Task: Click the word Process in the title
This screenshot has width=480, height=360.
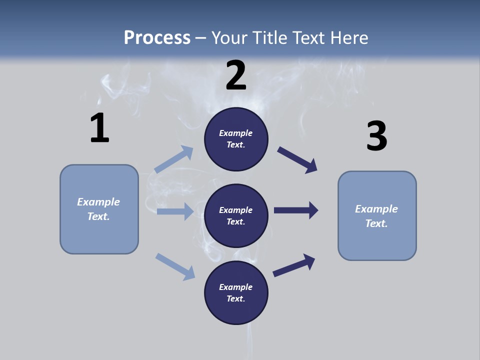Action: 157,38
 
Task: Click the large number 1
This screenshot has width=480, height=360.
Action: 99,128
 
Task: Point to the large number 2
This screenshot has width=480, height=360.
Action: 236,75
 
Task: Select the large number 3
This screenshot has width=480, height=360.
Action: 376,136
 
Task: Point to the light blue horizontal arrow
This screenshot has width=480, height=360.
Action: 175,211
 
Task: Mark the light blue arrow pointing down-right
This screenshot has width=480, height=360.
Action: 175,266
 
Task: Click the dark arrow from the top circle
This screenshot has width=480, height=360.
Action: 297,160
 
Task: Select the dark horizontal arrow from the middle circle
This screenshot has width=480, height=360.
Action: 296,210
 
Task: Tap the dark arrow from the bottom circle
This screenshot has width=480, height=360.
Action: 294,265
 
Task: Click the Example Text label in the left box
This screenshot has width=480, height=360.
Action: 98,209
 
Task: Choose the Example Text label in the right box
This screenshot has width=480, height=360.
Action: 376,216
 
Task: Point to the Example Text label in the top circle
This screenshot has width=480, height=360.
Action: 236,139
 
